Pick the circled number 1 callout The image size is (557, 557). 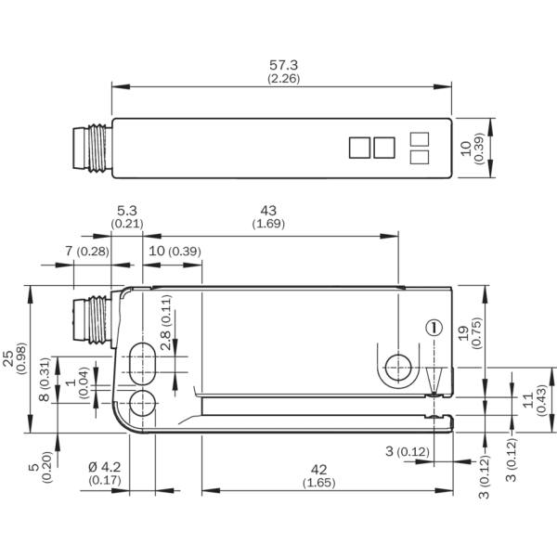[434, 328]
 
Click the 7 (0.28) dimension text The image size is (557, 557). [87, 252]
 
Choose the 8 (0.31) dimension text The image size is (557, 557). [44, 380]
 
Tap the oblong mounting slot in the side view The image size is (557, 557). [142, 364]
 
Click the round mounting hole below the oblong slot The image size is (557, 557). [142, 403]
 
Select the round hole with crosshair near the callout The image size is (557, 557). [398, 368]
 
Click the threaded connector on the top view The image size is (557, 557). [92, 149]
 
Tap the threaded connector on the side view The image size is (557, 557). [93, 320]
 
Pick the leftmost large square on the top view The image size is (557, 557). [359, 148]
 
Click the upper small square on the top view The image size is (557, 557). [420, 139]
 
